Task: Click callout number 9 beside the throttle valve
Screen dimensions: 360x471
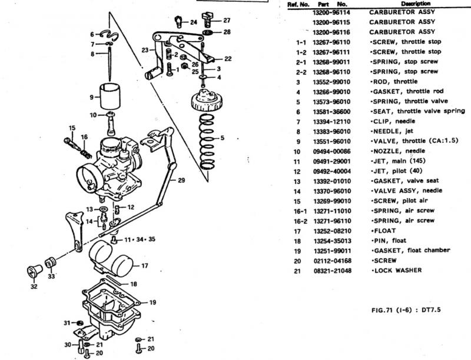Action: (92, 96)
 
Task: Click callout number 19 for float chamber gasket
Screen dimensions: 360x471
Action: (152, 302)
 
